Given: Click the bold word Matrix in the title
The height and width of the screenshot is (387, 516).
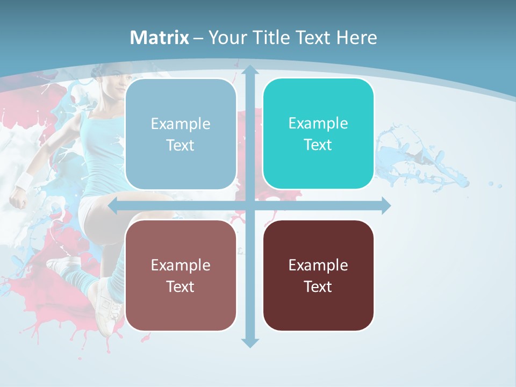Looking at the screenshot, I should tap(159, 38).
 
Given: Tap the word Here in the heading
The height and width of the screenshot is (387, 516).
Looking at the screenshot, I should tap(357, 38).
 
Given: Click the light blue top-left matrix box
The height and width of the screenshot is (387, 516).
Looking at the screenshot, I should tap(180, 134).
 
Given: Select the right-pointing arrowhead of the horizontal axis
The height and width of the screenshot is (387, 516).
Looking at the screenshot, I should tap(385, 205).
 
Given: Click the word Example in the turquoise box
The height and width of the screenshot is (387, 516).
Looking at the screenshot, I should tap(318, 123).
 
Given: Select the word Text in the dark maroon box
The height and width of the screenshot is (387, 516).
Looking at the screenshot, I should tap(318, 286).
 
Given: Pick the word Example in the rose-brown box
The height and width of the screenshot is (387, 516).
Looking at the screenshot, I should tap(180, 265).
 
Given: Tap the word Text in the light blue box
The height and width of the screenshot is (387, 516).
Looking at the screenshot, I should tap(180, 145).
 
